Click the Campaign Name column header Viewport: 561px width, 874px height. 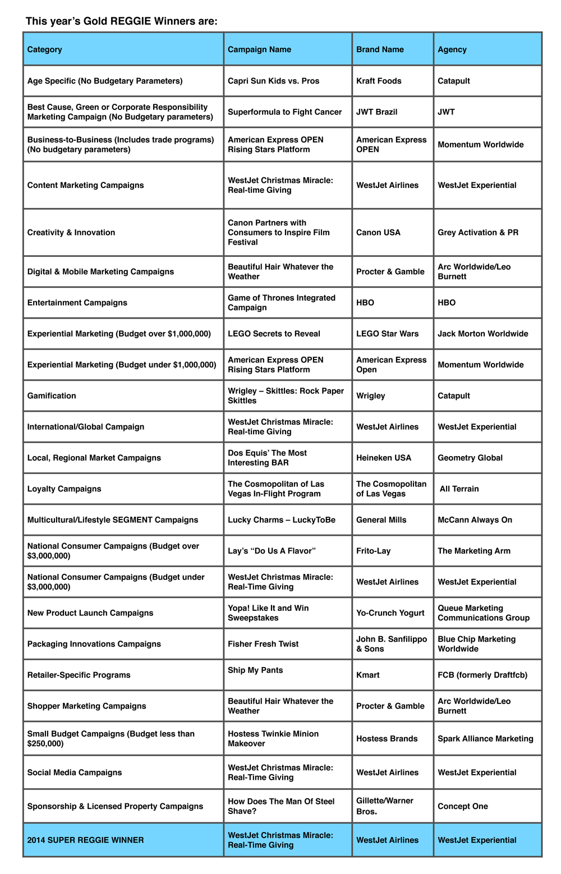click(259, 49)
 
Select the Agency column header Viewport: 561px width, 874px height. click(452, 49)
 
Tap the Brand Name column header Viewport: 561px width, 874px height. click(380, 49)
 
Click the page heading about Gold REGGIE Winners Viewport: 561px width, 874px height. click(122, 21)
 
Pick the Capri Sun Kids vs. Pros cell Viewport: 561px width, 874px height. click(273, 81)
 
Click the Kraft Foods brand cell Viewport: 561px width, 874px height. click(379, 81)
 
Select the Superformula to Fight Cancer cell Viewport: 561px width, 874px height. click(284, 112)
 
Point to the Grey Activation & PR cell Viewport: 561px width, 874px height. click(478, 232)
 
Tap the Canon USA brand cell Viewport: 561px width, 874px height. click(378, 232)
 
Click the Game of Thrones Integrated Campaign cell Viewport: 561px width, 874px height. click(281, 302)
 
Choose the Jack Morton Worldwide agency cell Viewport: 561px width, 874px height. click(482, 334)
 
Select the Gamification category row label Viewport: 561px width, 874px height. click(52, 395)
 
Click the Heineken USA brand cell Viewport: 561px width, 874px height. click(384, 458)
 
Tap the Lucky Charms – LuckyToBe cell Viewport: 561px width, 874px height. click(281, 520)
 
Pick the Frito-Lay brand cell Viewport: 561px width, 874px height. click(373, 551)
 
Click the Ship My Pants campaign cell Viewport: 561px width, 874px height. click(255, 670)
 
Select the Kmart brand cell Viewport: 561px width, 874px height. click(368, 675)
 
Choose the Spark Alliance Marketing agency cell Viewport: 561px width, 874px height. click(485, 739)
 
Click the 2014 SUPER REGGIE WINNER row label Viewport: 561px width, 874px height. click(85, 840)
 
